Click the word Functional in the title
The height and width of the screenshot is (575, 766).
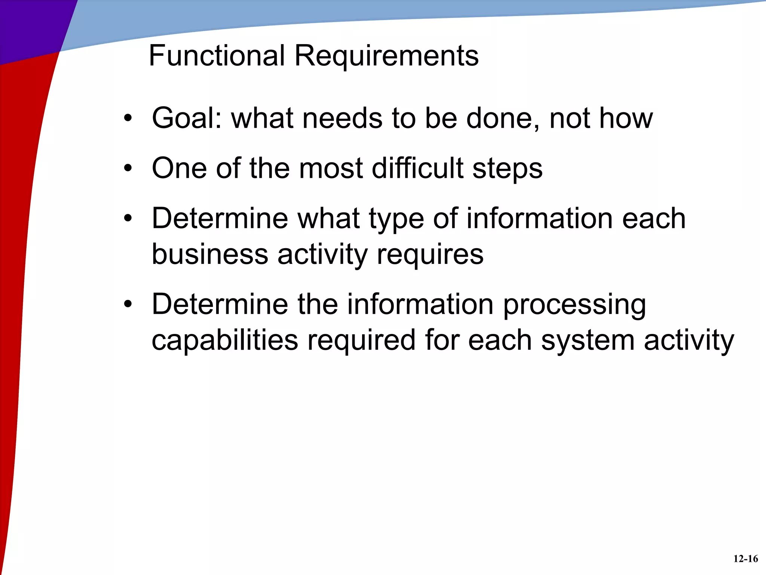[217, 55]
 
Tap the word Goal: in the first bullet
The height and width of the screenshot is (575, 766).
[187, 118]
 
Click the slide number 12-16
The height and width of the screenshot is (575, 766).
[745, 559]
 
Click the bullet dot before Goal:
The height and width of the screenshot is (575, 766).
[128, 119]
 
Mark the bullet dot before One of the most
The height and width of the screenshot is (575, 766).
[128, 168]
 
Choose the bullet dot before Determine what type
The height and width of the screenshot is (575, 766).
[128, 218]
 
